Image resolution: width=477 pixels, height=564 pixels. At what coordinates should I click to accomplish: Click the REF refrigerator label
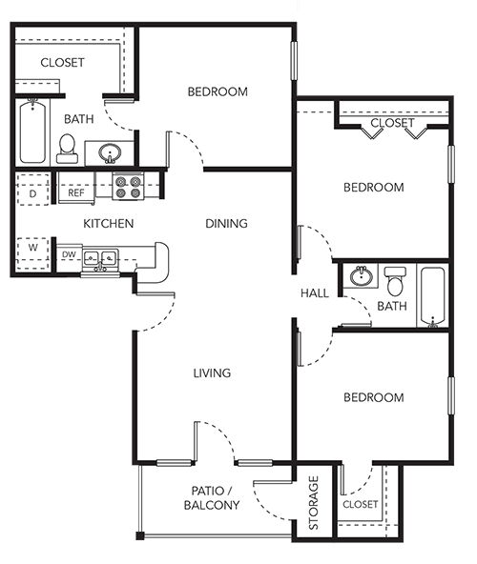[x=76, y=192]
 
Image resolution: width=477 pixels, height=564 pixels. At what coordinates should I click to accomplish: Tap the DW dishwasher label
[x=69, y=254]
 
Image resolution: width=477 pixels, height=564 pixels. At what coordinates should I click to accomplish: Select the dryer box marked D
[x=32, y=190]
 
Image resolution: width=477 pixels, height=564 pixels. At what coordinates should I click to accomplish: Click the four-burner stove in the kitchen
[x=128, y=187]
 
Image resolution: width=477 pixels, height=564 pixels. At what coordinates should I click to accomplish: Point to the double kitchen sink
[x=100, y=258]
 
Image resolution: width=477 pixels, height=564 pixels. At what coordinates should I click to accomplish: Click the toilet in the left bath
[x=67, y=149]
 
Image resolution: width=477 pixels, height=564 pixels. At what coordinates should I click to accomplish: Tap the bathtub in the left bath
[x=32, y=131]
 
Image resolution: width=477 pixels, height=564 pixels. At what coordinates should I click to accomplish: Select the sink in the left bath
[x=110, y=153]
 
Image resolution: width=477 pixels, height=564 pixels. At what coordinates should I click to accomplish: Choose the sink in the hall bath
[x=361, y=276]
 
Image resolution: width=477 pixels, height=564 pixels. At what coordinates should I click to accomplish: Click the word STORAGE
[x=314, y=502]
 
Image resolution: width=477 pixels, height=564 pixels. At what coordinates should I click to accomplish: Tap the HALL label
[x=315, y=293]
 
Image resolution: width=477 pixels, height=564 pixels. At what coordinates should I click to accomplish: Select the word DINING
[x=226, y=223]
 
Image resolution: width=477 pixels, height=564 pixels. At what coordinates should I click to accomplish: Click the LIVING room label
[x=212, y=373]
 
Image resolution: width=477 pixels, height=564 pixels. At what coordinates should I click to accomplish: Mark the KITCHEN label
[x=108, y=223]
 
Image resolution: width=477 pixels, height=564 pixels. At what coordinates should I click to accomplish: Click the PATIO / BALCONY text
[x=212, y=498]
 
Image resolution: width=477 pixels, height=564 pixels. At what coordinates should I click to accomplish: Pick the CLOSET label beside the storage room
[x=361, y=504]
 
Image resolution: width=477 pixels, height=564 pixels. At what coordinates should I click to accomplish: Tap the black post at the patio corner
[x=140, y=535]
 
